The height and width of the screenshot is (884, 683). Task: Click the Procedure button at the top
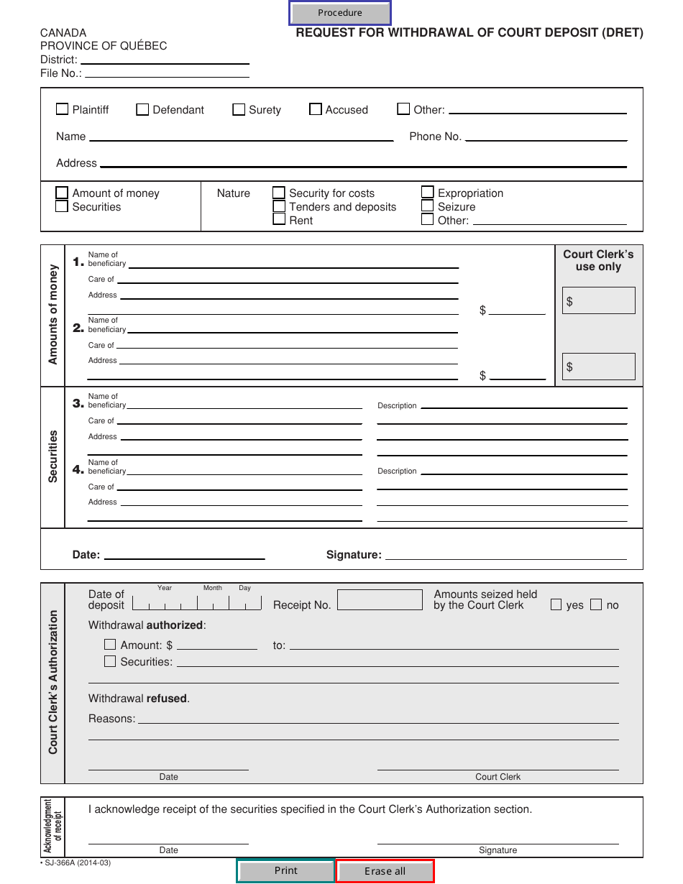340,13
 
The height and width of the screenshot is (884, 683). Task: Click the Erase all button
385,871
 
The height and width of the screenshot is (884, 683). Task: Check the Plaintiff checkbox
63,109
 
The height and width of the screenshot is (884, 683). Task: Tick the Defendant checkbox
142,109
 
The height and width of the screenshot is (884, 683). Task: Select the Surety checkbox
239,109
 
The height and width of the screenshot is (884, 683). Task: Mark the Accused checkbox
316,109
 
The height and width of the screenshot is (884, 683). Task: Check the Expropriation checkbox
428,193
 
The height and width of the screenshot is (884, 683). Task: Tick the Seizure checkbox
428,206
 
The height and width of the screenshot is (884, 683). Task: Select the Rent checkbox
279,220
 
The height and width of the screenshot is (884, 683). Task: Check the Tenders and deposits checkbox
279,206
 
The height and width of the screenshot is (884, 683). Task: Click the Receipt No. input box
380,600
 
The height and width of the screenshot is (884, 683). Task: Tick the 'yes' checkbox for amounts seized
556,605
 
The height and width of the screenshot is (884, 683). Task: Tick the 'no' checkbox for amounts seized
596,605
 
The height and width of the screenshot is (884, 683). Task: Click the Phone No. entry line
545,137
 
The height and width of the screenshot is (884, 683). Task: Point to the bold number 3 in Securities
78,404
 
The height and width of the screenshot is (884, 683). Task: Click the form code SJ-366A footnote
75,863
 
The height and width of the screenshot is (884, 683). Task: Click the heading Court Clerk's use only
598,260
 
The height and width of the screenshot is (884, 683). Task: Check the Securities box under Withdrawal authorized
110,661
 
